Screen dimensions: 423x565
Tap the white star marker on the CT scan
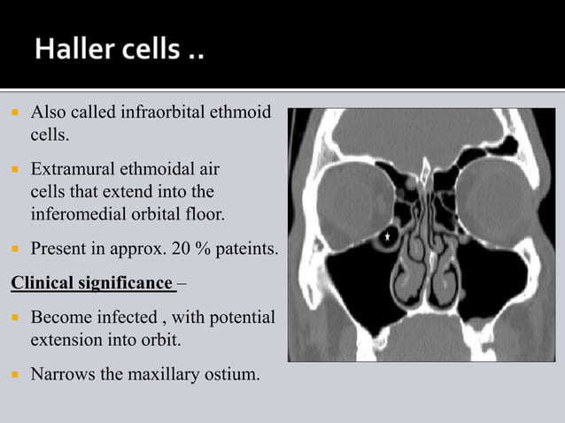point(387,237)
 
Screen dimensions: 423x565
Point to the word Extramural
point(74,168)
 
